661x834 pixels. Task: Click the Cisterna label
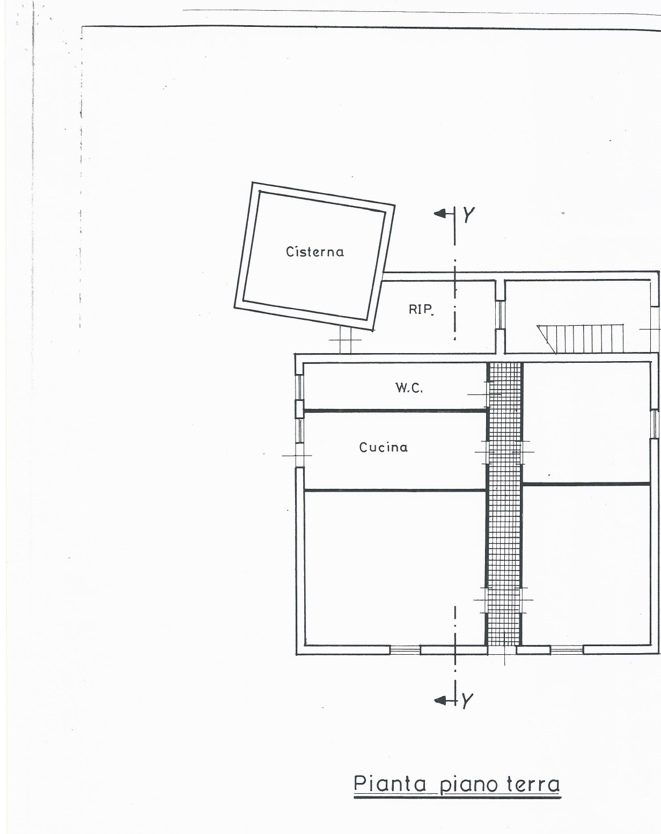point(314,252)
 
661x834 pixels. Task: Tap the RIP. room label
point(421,309)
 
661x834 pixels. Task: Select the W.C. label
point(409,387)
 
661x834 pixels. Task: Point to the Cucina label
point(383,447)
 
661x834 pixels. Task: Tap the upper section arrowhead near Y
point(440,214)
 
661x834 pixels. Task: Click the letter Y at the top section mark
point(468,215)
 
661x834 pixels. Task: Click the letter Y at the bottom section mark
point(467,700)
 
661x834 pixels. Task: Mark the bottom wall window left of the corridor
point(405,650)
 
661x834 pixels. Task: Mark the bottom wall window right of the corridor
point(567,650)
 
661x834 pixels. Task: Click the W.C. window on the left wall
point(299,387)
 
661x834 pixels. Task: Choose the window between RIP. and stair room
point(500,314)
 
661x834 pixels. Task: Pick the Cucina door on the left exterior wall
point(299,455)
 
